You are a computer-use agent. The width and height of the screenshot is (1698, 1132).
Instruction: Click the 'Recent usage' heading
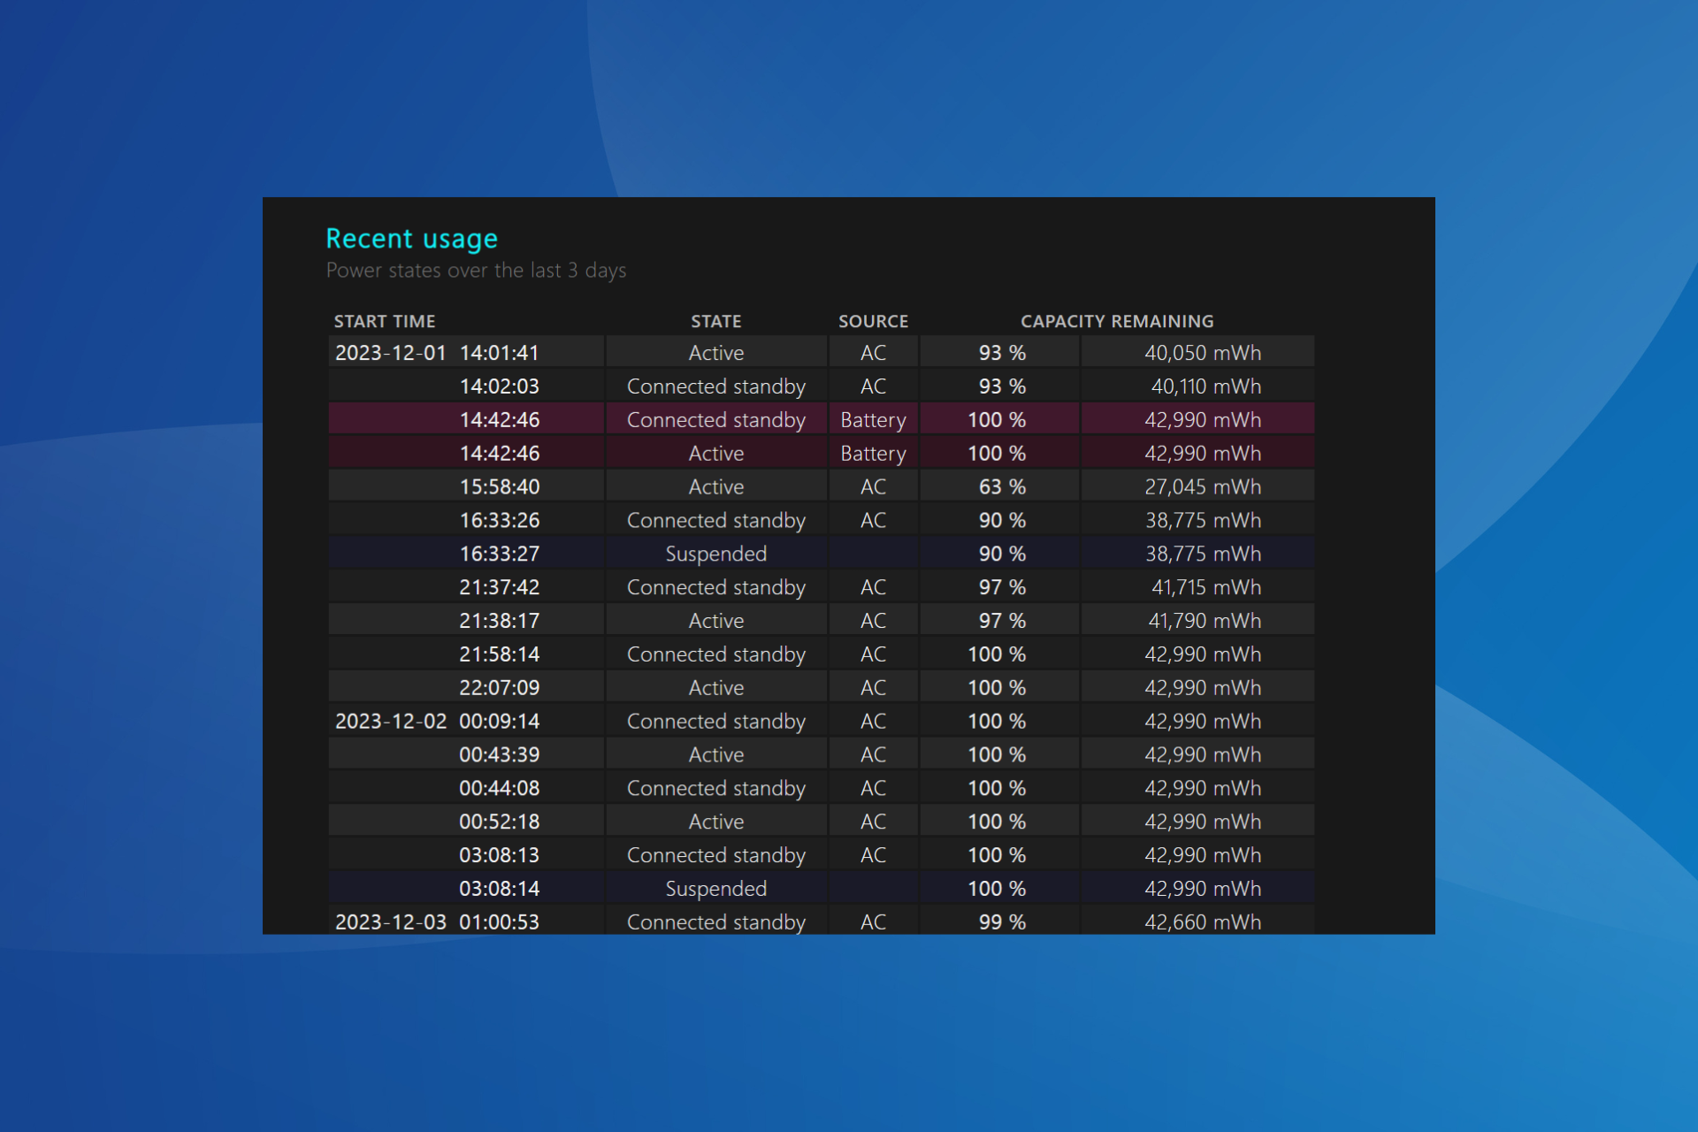(x=411, y=239)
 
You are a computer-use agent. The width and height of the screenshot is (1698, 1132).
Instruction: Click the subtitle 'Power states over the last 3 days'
(x=476, y=271)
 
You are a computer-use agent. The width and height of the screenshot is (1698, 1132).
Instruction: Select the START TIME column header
(x=385, y=321)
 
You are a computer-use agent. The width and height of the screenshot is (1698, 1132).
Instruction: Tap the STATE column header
(x=715, y=321)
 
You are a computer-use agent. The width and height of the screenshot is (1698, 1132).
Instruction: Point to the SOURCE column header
(x=873, y=321)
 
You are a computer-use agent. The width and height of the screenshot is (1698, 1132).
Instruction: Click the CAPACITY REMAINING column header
(x=1117, y=321)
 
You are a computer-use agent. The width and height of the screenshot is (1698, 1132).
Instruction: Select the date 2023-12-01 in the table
(x=390, y=353)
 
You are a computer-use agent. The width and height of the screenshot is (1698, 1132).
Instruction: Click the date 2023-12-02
(x=390, y=722)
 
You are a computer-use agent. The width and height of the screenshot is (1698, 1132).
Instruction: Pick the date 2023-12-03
(x=390, y=922)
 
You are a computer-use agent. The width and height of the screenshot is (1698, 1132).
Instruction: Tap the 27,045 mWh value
(x=1203, y=487)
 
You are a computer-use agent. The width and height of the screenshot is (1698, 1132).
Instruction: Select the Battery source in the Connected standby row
(x=873, y=420)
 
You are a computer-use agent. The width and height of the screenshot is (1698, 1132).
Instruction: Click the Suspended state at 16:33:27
(x=715, y=555)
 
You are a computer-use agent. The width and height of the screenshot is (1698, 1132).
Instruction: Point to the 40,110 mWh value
(x=1205, y=386)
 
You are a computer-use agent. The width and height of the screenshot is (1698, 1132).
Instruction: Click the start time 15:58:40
(x=499, y=487)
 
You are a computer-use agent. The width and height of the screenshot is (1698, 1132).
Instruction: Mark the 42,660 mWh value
(x=1203, y=922)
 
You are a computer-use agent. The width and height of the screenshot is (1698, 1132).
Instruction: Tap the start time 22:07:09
(x=499, y=688)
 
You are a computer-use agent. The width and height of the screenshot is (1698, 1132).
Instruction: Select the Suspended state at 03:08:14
(x=715, y=889)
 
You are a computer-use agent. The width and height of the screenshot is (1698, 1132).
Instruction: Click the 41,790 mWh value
(x=1205, y=621)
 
